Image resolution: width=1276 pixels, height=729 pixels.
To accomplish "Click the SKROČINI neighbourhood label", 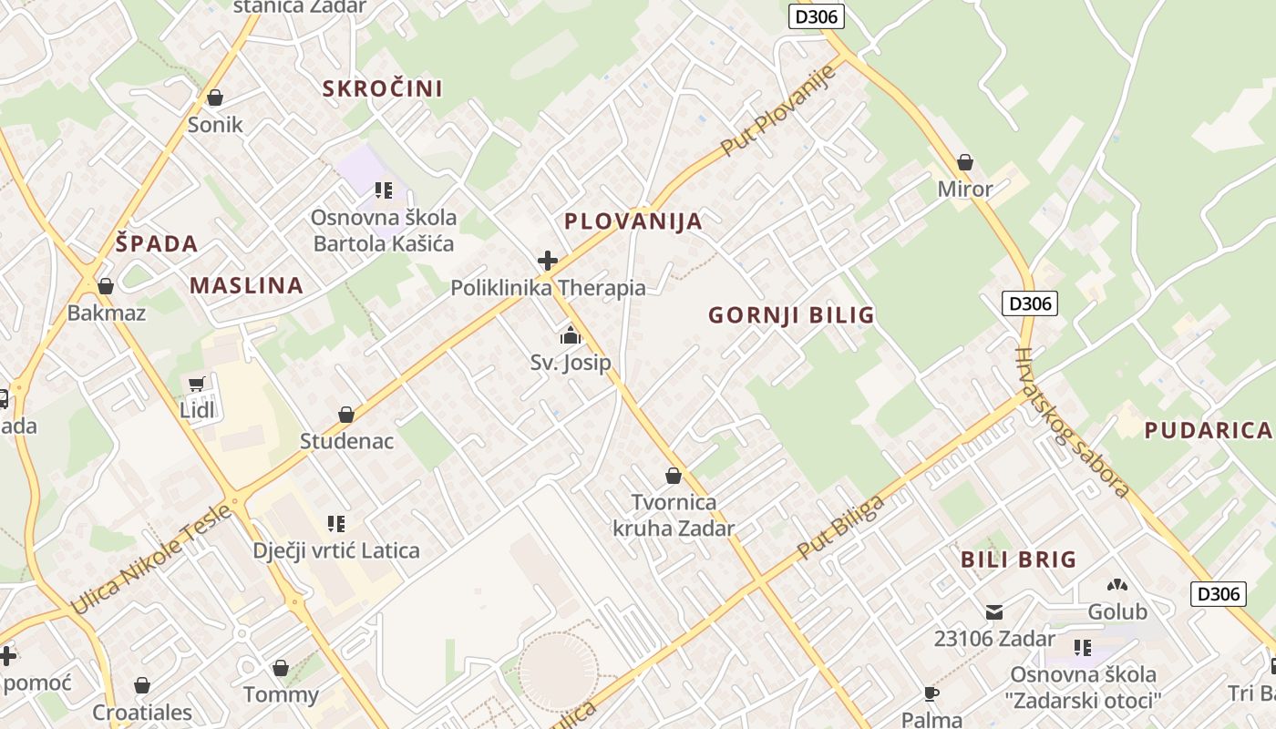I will tap(383, 88).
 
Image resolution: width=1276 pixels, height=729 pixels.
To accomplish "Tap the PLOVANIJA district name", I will tap(633, 221).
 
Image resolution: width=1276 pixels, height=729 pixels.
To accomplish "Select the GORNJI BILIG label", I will tap(791, 315).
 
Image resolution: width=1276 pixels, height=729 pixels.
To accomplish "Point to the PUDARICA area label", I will tap(1208, 431).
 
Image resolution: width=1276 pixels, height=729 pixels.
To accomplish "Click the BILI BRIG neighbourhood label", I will tap(1019, 560).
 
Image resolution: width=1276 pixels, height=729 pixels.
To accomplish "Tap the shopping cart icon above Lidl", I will tap(197, 385).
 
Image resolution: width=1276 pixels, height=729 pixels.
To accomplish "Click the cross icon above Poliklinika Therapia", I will tap(548, 262).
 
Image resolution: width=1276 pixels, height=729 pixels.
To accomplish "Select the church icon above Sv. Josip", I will tap(571, 336).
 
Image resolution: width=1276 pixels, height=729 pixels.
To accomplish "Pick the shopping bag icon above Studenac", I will tap(346, 416).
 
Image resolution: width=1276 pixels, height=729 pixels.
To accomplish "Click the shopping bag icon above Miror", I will tap(965, 163).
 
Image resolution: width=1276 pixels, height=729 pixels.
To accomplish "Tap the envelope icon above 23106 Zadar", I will tap(994, 612).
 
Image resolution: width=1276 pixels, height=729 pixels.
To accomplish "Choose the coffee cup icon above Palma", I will tap(931, 694).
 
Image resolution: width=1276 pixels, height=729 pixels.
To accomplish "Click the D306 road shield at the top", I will tap(816, 15).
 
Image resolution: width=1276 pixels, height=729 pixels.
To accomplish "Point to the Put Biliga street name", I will tap(840, 528).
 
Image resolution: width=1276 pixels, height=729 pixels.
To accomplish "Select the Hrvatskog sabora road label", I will tap(1072, 422).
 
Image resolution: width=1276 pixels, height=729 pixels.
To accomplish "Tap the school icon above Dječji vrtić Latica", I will tap(336, 524).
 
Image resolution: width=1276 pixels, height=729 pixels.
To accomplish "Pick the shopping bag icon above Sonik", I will tap(215, 98).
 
